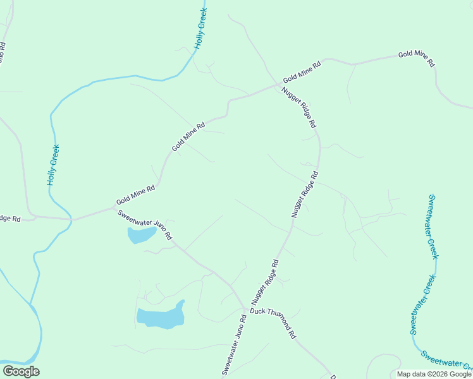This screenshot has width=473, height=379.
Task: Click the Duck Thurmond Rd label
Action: (x=273, y=322)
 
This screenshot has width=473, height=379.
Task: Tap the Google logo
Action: (x=21, y=371)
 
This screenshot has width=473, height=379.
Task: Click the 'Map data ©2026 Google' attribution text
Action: (x=434, y=374)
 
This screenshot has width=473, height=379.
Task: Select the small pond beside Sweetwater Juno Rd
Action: (x=142, y=236)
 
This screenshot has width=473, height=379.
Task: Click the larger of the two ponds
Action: (x=161, y=316)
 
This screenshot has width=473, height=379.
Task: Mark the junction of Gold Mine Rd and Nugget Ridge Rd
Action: (x=280, y=84)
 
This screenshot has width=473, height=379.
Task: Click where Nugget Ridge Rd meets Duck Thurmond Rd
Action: (x=245, y=311)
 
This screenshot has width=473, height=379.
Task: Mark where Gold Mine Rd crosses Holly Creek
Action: (x=71, y=219)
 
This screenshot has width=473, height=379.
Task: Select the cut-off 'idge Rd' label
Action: (x=10, y=219)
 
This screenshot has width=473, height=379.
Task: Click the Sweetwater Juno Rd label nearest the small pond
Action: (x=145, y=224)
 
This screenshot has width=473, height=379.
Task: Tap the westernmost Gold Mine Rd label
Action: (x=136, y=196)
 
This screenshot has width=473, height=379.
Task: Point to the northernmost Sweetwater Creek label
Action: (x=433, y=226)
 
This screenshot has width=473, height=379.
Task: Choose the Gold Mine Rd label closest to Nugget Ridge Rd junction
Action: (x=302, y=71)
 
